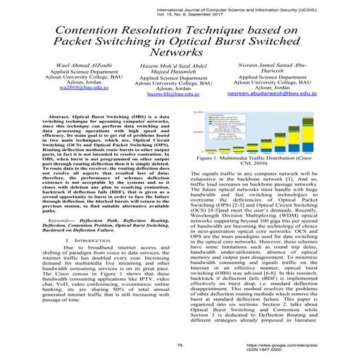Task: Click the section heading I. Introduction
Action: (89, 239)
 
